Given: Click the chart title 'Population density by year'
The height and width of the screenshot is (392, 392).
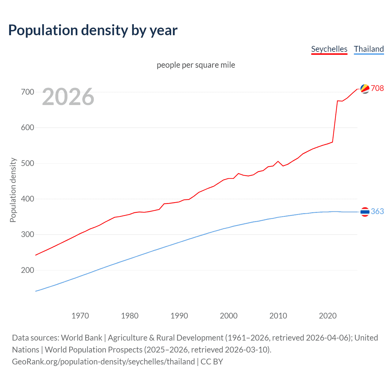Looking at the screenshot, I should click(x=93, y=30).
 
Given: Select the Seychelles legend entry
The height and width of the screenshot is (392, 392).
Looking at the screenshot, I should click(x=329, y=49).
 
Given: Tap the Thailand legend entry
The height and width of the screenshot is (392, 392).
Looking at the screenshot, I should click(x=369, y=49).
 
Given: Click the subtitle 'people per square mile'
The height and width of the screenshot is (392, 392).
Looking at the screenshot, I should click(x=196, y=65).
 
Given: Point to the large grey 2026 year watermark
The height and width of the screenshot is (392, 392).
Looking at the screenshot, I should click(x=68, y=97).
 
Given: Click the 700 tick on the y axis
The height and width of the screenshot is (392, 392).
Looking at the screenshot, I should click(x=27, y=92).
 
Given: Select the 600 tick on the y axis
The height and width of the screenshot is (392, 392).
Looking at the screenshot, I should click(x=27, y=127).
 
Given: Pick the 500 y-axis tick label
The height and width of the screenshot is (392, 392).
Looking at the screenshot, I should click(x=27, y=163).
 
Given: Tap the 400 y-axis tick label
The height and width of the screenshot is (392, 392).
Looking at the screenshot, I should click(x=27, y=199).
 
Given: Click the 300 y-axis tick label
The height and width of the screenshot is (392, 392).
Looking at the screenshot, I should click(x=27, y=234).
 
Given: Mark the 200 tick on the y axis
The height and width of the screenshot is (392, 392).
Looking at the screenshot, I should click(x=27, y=270).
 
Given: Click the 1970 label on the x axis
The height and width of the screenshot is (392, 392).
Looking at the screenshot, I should click(x=80, y=316).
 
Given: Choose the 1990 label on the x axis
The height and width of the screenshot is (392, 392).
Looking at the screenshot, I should click(x=179, y=316).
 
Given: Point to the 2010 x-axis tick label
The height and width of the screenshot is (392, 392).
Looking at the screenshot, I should click(x=278, y=316).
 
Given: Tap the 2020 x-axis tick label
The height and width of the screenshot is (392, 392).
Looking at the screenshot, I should click(x=328, y=316).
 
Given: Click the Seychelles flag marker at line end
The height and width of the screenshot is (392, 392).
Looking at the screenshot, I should click(x=365, y=89).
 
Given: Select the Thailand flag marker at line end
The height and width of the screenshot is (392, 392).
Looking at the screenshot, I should click(x=365, y=212).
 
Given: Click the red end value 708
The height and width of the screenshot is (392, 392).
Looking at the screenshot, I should click(x=377, y=88).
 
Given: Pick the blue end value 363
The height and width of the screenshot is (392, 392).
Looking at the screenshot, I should click(x=377, y=212).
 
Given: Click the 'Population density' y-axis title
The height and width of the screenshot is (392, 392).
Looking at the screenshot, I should click(x=13, y=190).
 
